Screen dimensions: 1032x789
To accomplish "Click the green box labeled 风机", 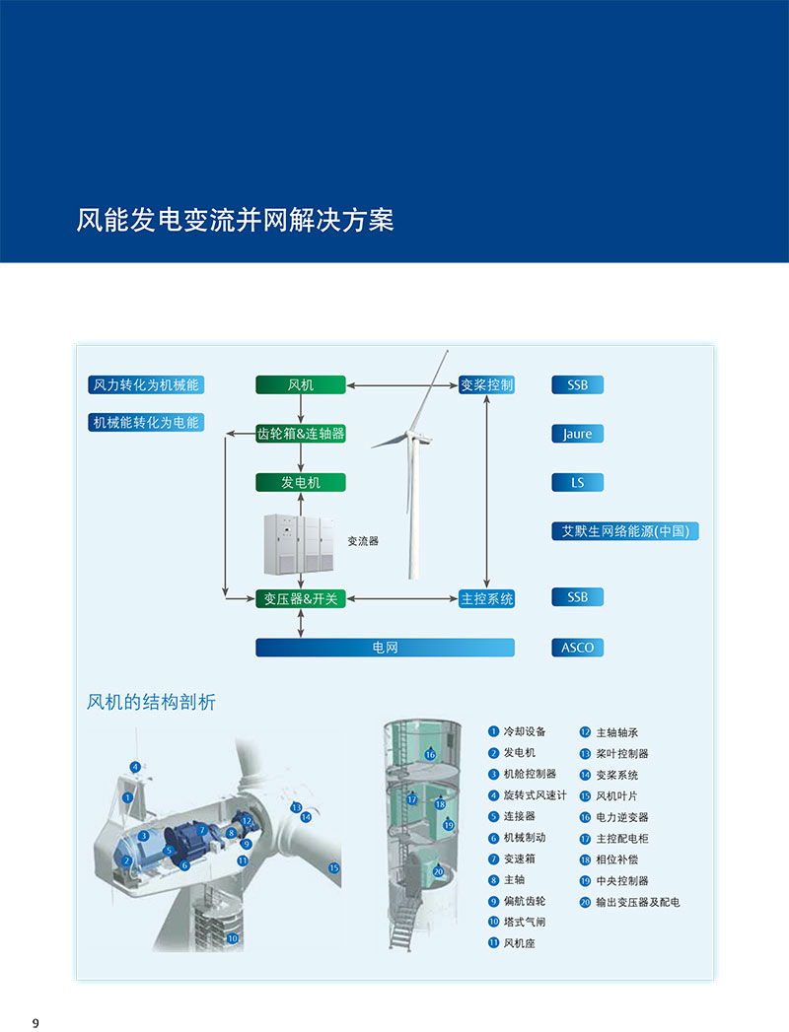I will pyautogui.click(x=301, y=384).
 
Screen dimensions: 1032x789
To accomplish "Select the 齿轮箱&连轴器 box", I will pyautogui.click(x=301, y=434).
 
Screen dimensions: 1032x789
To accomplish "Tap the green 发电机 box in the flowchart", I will pyautogui.click(x=301, y=483).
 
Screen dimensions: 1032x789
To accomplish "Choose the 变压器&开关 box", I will pyautogui.click(x=301, y=598).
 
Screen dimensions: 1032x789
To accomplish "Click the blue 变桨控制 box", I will pyautogui.click(x=486, y=384).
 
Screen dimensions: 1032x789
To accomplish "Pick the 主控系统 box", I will pyautogui.click(x=486, y=598).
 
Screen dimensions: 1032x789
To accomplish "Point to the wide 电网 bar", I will pyautogui.click(x=385, y=648).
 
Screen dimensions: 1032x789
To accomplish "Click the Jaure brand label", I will pyautogui.click(x=577, y=434).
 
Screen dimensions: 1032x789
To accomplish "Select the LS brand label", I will pyautogui.click(x=577, y=483).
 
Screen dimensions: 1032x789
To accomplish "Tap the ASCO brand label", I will pyautogui.click(x=577, y=648).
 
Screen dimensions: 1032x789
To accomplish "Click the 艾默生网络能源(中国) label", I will pyautogui.click(x=624, y=531).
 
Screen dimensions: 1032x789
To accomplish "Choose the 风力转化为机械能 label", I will pyautogui.click(x=145, y=384).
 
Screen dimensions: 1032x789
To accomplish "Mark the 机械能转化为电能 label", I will pyautogui.click(x=145, y=423).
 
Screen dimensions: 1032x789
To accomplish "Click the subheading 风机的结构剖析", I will pyautogui.click(x=151, y=702).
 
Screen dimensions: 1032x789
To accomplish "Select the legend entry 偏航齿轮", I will pyautogui.click(x=524, y=901).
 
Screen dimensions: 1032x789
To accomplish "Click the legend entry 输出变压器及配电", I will pyautogui.click(x=637, y=902).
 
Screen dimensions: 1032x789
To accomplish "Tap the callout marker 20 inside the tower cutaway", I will pyautogui.click(x=438, y=871).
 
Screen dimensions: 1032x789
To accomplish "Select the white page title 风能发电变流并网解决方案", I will pyautogui.click(x=235, y=219).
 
